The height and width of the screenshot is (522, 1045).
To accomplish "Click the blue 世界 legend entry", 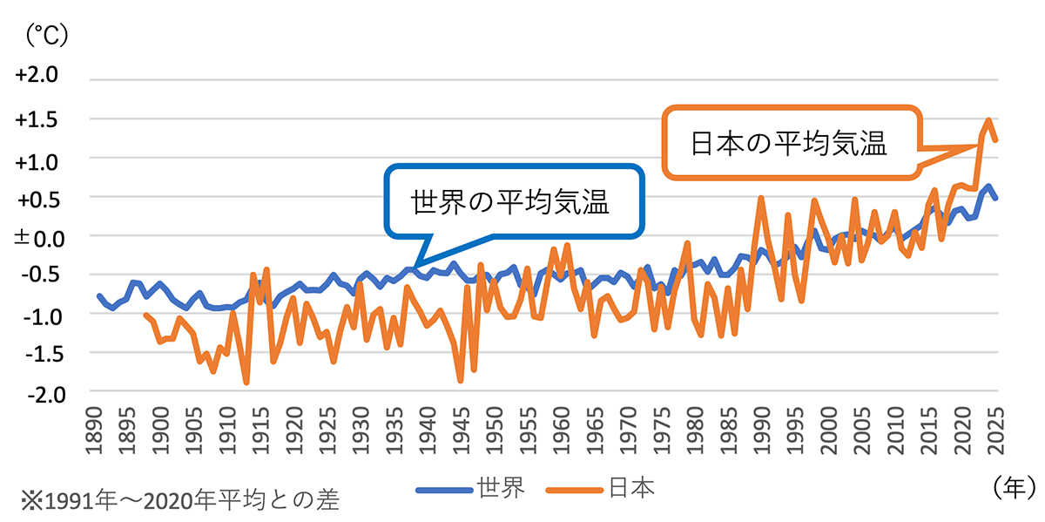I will coord(470,489).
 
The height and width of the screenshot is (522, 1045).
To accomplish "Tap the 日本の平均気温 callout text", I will coord(788,144).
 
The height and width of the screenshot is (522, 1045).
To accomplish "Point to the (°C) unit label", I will coord(48,35).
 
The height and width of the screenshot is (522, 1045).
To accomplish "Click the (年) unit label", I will coord(1014,485).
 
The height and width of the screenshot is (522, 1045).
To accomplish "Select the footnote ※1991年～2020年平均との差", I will coord(179,501).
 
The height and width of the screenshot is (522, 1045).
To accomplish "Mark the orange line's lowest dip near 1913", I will coord(246,382).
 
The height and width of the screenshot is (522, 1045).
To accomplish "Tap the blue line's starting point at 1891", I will coord(99,296).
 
